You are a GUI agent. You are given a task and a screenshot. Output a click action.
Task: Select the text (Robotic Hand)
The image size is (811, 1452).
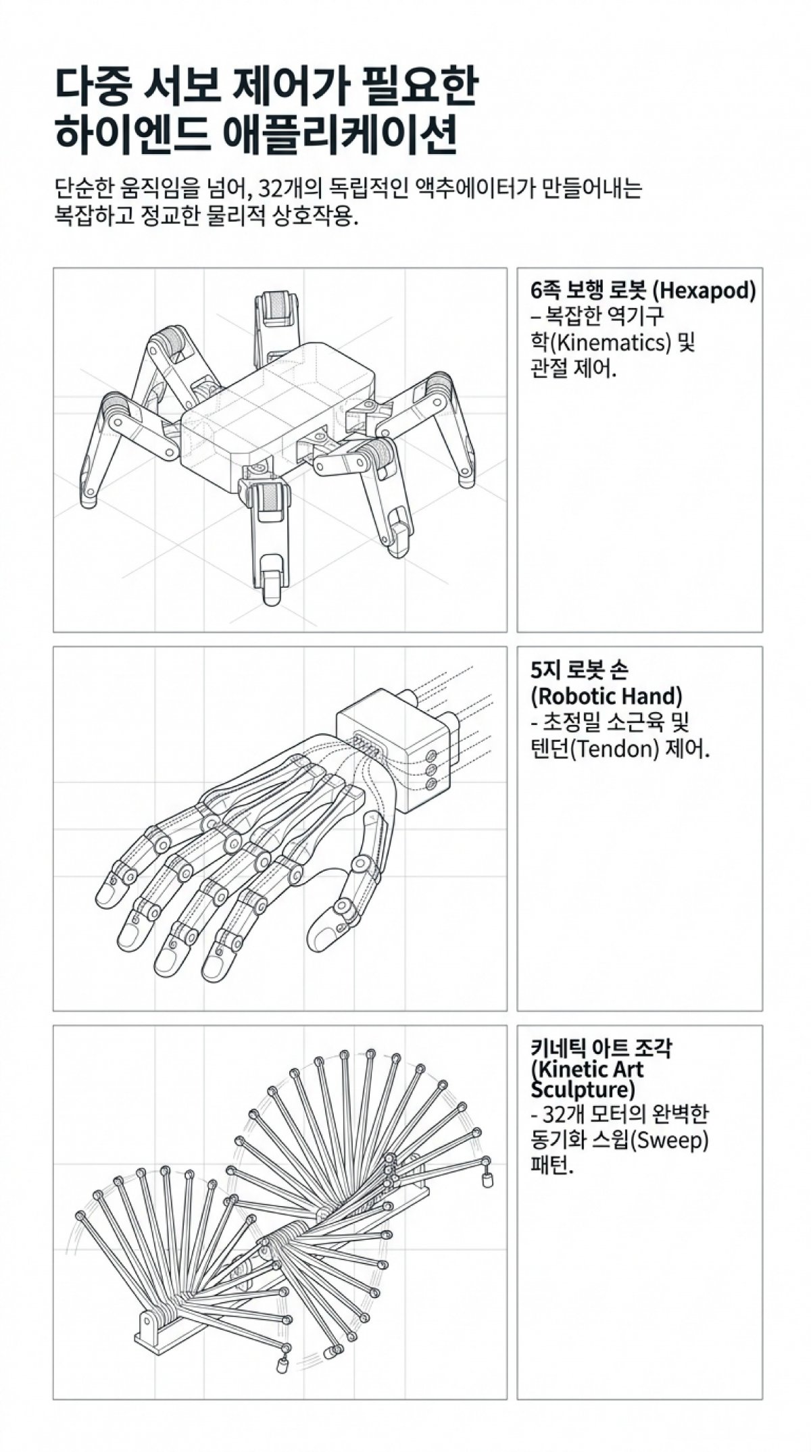(x=606, y=696)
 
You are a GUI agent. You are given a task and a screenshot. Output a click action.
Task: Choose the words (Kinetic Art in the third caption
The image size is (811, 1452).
(x=587, y=1070)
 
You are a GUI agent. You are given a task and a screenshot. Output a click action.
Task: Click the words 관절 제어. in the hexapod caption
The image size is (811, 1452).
(x=574, y=369)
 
